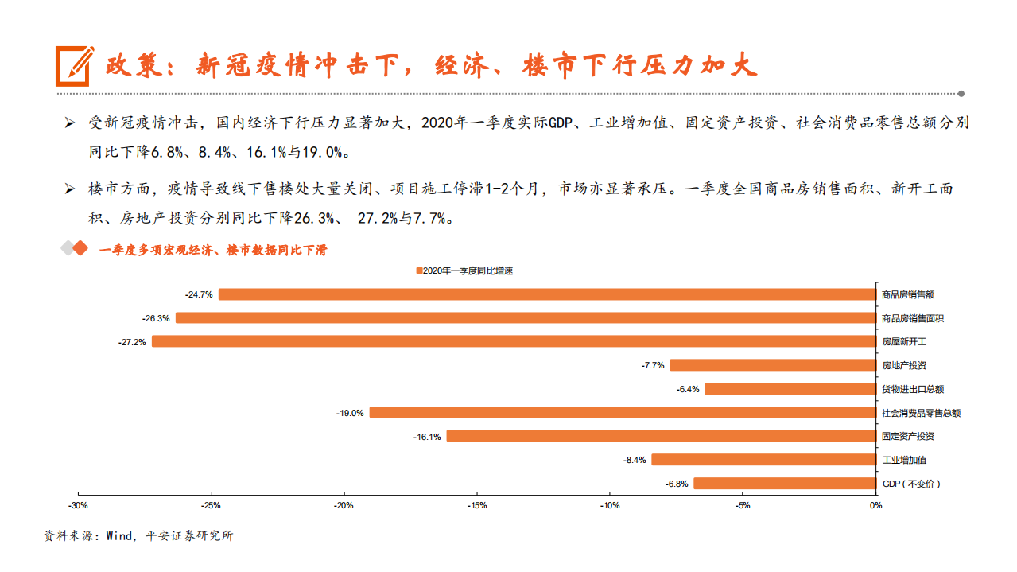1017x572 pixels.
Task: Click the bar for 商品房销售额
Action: click(546, 294)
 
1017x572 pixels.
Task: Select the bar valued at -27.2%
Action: click(513, 341)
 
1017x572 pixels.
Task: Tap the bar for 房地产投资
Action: click(772, 365)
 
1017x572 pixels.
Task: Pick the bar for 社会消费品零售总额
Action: click(622, 412)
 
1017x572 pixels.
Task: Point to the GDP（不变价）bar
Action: click(784, 484)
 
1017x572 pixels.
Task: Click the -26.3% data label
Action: click(156, 318)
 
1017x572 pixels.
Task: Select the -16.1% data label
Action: click(427, 437)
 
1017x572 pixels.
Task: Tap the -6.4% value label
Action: click(687, 389)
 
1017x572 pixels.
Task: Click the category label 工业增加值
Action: click(904, 460)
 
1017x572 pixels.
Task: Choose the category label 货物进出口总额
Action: click(913, 389)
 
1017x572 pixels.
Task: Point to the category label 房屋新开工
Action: click(904, 342)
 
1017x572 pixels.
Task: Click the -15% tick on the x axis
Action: click(476, 505)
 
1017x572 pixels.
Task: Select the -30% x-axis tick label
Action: click(78, 505)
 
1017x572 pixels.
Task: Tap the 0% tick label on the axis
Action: click(875, 505)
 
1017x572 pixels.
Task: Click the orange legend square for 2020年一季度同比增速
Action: click(419, 270)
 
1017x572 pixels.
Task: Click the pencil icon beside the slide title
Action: click(73, 65)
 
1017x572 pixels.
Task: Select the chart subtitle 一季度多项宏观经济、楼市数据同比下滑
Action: click(212, 250)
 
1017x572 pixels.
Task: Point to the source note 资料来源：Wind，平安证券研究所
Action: click(138, 536)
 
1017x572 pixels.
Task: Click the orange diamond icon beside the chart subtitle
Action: click(79, 249)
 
